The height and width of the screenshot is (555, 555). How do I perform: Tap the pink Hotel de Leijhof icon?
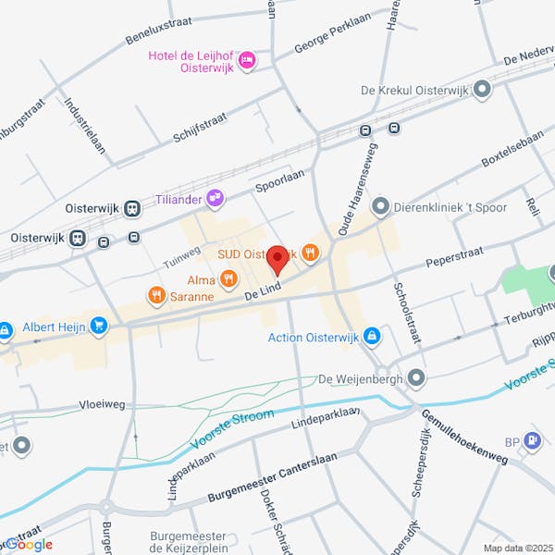click(246, 61)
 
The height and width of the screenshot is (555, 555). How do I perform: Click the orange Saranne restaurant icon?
click(155, 295)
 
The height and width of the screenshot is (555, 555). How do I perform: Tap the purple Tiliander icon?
click(215, 196)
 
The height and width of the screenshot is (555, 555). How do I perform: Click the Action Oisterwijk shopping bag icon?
click(371, 336)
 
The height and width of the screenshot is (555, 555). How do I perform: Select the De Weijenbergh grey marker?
click(416, 377)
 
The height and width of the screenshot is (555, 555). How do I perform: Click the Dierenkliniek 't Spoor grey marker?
click(379, 206)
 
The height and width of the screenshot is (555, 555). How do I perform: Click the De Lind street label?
click(262, 291)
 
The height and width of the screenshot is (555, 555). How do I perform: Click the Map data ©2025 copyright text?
click(516, 547)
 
